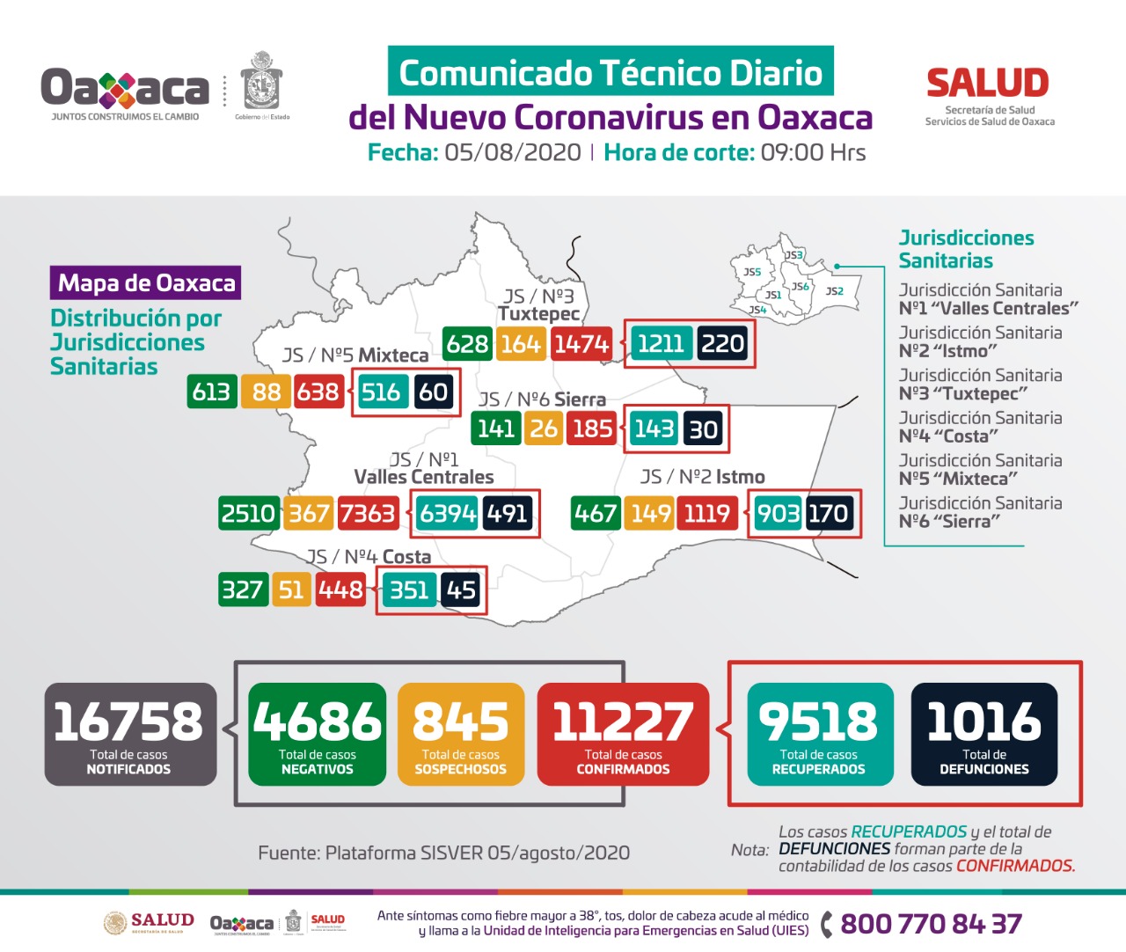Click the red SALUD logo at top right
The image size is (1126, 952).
(x=988, y=84)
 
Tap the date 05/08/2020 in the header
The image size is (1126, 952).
(x=512, y=152)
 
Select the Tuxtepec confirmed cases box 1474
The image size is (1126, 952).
(x=581, y=344)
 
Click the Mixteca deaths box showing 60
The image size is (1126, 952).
(x=433, y=392)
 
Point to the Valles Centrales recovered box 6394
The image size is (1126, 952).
(x=447, y=513)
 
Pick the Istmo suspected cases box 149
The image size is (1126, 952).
(x=651, y=513)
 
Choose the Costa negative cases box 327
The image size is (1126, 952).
(x=242, y=590)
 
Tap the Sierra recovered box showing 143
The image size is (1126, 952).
(x=654, y=428)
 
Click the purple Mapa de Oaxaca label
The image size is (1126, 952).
(x=146, y=283)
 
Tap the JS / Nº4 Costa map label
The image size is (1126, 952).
(x=369, y=557)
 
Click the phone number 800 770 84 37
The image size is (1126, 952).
(x=931, y=924)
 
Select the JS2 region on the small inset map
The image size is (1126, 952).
(x=835, y=291)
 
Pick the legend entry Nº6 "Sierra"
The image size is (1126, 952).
(x=949, y=522)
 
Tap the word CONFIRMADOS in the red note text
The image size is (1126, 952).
(x=1015, y=866)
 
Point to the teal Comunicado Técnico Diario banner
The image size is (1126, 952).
(x=611, y=72)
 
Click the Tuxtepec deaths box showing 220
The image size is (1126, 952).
(x=723, y=344)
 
